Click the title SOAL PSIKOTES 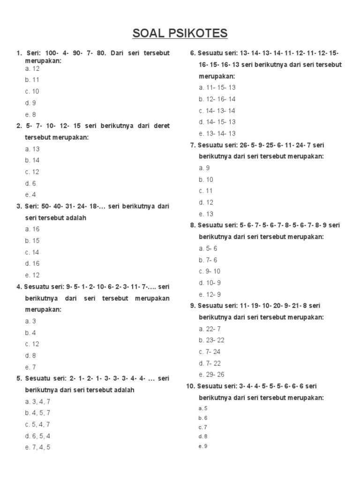pos(180,33)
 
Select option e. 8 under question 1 pos(30,114)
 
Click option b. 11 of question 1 pos(32,80)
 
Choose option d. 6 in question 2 pos(30,183)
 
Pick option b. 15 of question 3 pos(32,241)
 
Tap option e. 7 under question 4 pos(30,367)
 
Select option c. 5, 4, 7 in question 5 pos(37,425)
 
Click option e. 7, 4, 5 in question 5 pos(37,448)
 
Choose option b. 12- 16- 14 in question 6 pos(217,99)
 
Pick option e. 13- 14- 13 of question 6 pos(217,134)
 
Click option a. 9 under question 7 pos(204,168)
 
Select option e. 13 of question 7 pos(206,214)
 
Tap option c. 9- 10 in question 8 pos(210,271)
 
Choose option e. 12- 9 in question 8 pos(210,295)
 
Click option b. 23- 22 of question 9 pos(211,340)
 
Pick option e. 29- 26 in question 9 pos(211,375)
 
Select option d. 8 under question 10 pos(203,436)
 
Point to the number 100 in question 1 pos(52,53)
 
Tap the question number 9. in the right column pos(193,306)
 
